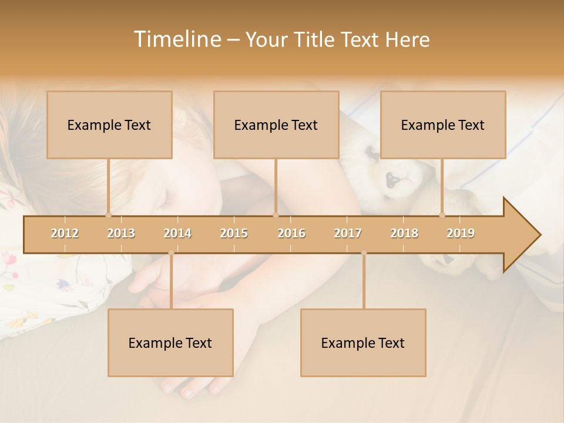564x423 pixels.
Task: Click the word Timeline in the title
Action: [176, 39]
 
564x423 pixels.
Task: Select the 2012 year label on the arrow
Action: [65, 233]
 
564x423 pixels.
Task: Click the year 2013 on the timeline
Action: [121, 233]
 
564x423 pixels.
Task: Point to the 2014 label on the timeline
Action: [177, 233]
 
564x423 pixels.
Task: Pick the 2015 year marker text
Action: [234, 233]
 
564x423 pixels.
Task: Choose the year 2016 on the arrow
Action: [291, 233]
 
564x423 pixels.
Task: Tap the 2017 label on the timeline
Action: [348, 233]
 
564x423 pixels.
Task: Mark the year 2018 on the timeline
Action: [404, 233]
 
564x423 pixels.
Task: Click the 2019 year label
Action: [461, 233]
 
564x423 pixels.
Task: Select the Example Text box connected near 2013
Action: [109, 125]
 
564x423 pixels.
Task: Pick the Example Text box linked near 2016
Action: [276, 125]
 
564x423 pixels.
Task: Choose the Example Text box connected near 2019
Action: [443, 125]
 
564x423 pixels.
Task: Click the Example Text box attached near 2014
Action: [170, 343]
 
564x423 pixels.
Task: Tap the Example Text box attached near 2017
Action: [363, 343]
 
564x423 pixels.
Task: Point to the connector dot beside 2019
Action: [442, 215]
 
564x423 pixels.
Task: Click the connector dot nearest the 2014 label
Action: [171, 253]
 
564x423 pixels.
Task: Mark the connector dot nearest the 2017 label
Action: [364, 253]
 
